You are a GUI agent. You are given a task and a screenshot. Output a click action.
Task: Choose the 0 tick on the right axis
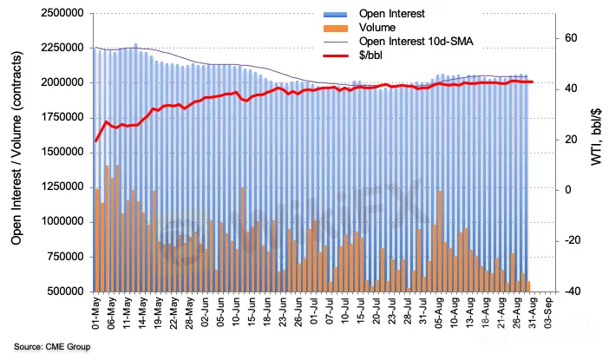pyautogui.click(x=567, y=190)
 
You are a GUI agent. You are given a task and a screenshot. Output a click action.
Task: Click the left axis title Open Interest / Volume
pyautogui.click(x=16, y=152)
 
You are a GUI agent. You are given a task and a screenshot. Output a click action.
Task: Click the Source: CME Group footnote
pyautogui.click(x=52, y=347)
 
